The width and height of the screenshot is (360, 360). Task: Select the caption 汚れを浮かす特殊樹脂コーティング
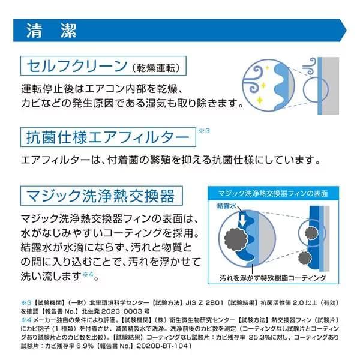(x=272, y=278)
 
